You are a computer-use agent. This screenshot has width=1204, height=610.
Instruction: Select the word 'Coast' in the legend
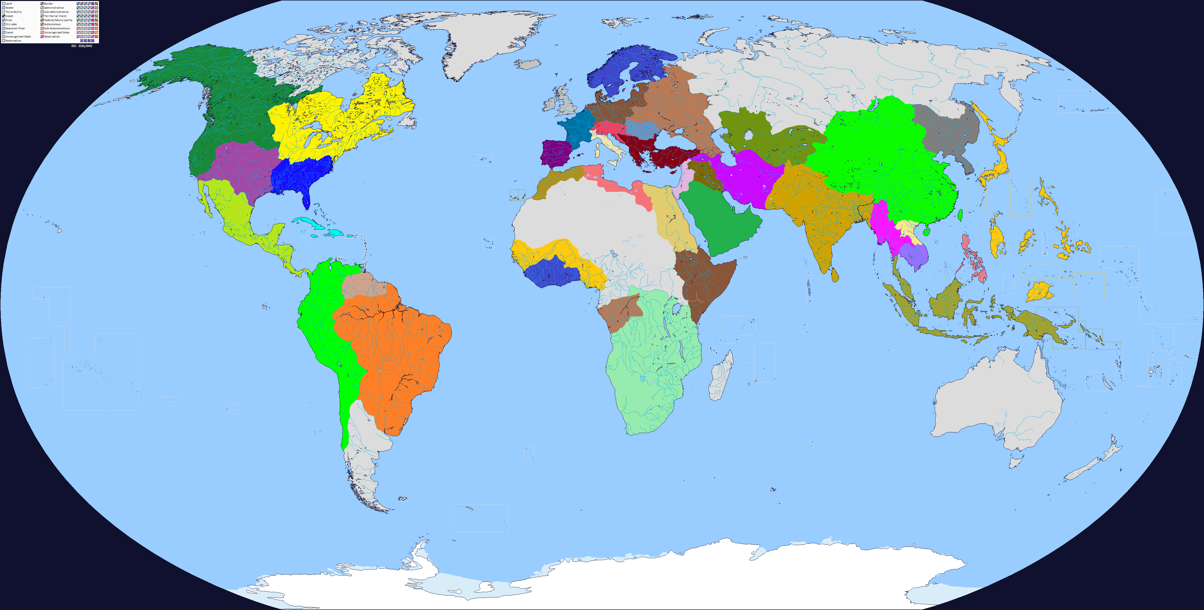pyautogui.click(x=9, y=16)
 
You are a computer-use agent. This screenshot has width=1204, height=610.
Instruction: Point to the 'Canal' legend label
pyautogui.click(x=9, y=32)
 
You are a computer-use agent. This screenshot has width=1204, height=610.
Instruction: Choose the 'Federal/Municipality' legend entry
pyautogui.click(x=58, y=20)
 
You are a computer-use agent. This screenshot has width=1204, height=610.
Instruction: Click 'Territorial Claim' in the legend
pyautogui.click(x=55, y=16)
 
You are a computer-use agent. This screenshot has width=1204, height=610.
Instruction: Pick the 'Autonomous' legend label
pyautogui.click(x=52, y=24)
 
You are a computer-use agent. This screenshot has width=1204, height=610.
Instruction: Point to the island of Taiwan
pyautogui.click(x=960, y=215)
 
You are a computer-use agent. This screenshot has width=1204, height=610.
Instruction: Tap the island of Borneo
pyautogui.click(x=946, y=301)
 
